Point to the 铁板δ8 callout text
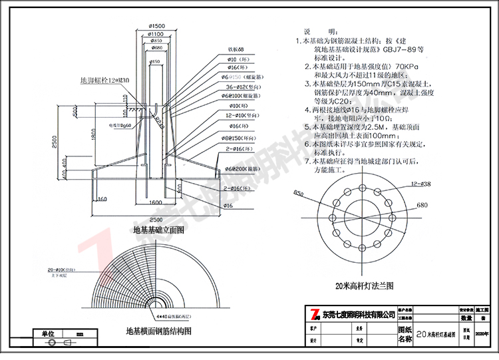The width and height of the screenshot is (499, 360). pos(238,49)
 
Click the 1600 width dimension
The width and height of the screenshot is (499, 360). pos(155,202)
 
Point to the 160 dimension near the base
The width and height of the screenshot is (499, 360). pos(101,198)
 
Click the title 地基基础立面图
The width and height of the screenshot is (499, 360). pos(159,230)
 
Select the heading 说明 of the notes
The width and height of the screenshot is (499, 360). pos(312,31)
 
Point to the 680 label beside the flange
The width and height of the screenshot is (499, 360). pos(422,206)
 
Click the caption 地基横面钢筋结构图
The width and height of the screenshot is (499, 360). pos(158,330)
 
